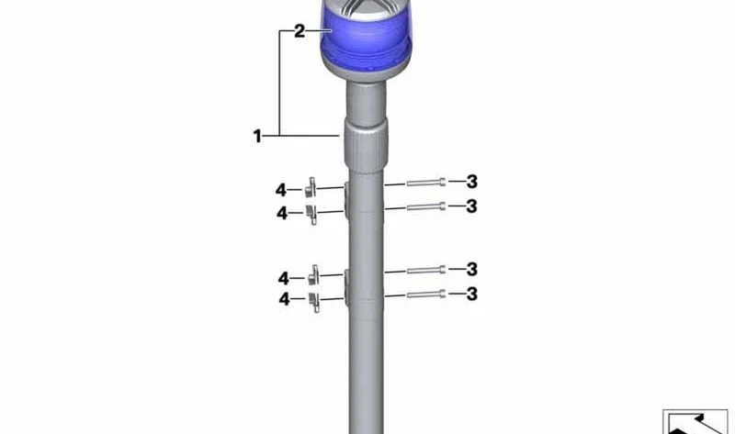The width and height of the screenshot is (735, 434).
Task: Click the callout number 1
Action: (x=257, y=136)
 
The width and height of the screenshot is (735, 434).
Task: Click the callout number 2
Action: (x=300, y=31)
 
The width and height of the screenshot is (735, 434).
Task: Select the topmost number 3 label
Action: (x=472, y=182)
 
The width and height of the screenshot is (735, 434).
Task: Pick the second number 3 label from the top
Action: (x=472, y=206)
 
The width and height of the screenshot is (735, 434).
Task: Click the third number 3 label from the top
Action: (x=472, y=269)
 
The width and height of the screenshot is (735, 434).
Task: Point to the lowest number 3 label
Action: (x=472, y=294)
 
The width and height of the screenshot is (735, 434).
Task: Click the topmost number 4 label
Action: (x=281, y=190)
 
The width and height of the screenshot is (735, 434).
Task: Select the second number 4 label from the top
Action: (x=282, y=213)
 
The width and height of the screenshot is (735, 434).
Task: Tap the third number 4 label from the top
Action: (x=284, y=279)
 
